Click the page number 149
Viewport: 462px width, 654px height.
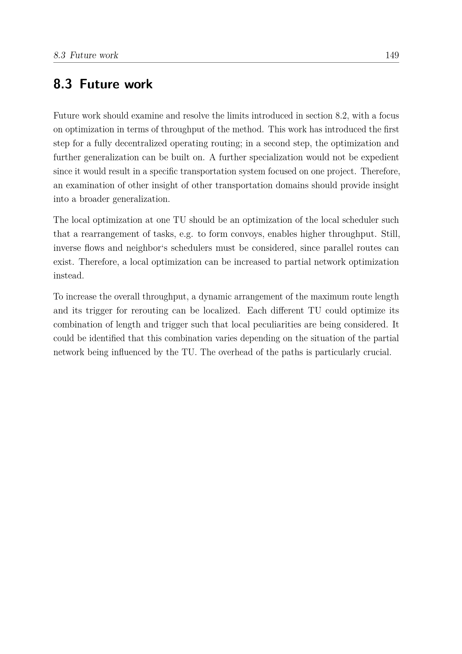click(392, 55)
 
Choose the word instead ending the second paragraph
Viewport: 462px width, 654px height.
click(68, 276)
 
